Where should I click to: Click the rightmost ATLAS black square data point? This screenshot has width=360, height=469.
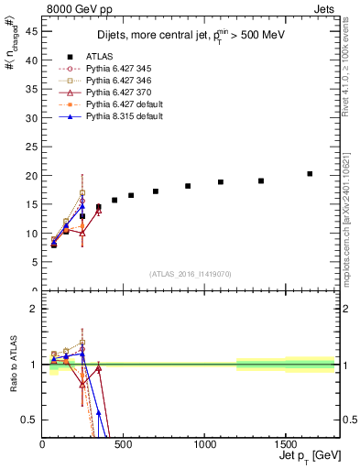tap(310, 173)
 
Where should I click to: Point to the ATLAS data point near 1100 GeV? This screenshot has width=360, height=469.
tap(221, 182)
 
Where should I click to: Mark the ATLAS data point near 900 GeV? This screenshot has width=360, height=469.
tap(188, 186)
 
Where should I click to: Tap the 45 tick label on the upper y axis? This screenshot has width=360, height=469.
tap(32, 31)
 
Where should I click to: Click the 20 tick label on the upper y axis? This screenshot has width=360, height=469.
tap(32, 176)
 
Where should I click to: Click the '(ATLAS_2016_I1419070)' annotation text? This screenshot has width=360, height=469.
tap(191, 273)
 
